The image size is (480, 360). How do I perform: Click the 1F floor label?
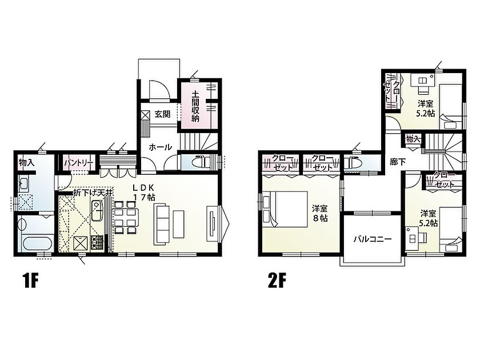30,281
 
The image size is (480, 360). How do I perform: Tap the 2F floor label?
277,281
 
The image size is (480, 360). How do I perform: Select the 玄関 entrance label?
162,114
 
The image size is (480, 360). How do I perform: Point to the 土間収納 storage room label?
195,106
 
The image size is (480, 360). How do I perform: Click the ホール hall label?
160,147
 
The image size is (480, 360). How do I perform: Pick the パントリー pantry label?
78,163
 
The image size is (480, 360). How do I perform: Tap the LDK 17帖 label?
143,192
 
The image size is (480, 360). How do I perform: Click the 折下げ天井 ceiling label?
93,193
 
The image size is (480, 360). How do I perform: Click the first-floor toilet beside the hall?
199,162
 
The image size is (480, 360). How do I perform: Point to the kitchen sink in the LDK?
97,210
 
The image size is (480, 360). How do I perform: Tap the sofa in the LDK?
162,221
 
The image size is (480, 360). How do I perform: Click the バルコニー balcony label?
373,238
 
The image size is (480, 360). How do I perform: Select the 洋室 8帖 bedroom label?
319,213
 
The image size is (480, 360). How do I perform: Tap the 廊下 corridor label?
398,162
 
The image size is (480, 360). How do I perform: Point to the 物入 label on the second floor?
413,139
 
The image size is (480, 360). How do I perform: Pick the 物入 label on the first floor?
26,162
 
